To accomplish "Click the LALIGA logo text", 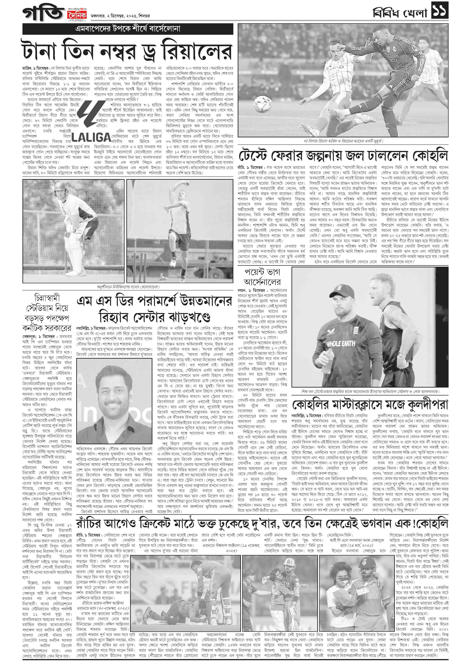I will (x=91, y=137).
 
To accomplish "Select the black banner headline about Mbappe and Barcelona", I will (x=128, y=29).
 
